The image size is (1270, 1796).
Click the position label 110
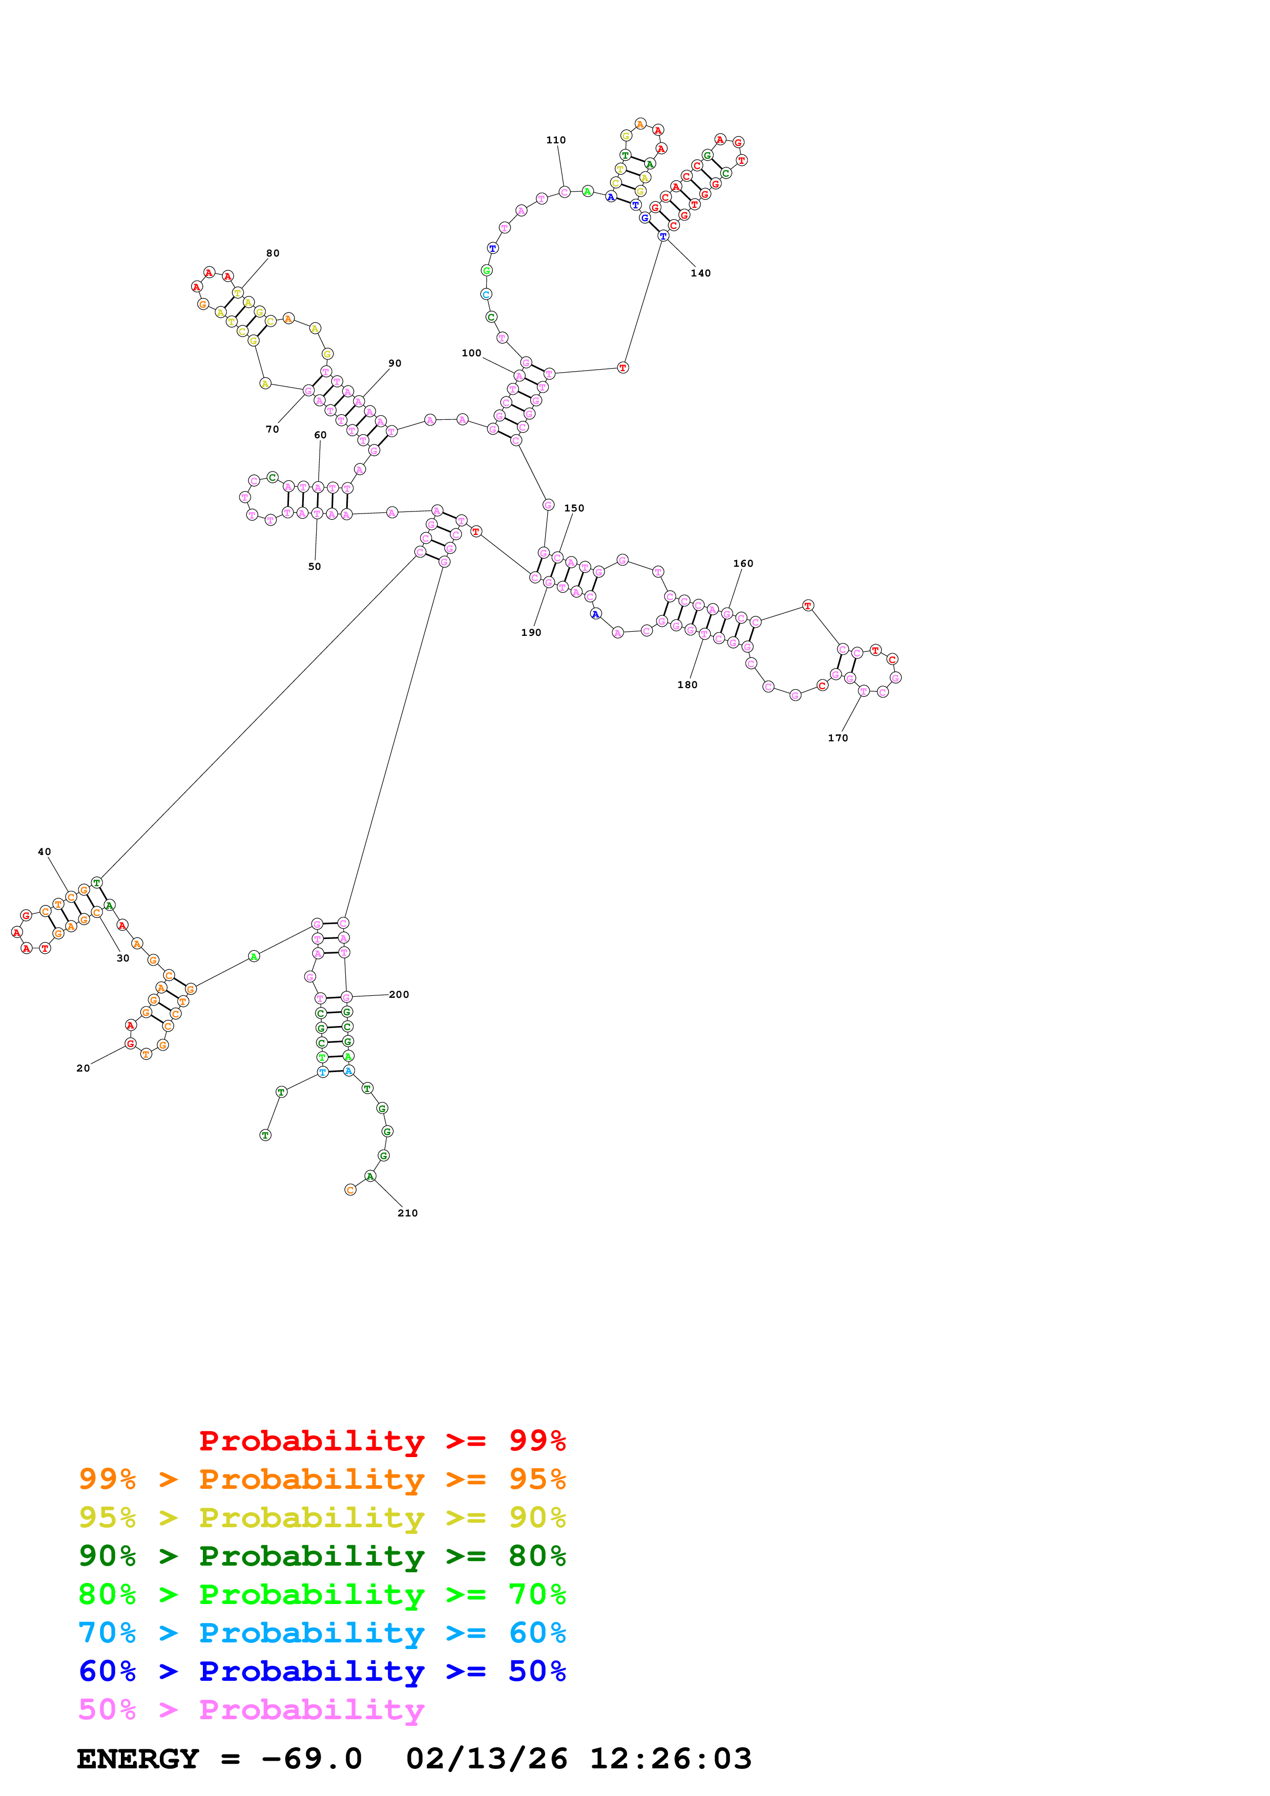555,140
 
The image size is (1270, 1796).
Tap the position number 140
700,273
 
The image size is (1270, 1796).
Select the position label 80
273,253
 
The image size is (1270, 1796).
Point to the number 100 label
471,353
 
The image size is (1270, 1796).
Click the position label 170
837,738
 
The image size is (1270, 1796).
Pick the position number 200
399,994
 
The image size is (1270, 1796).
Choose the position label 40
45,852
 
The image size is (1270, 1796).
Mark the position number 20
83,1068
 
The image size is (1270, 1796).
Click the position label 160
743,563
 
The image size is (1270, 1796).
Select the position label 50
314,566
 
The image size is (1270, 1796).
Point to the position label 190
531,632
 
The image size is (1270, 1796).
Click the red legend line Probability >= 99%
382,1440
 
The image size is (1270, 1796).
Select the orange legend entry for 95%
322,1479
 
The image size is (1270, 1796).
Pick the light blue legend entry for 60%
322,1633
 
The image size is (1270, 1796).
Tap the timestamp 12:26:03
670,1759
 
